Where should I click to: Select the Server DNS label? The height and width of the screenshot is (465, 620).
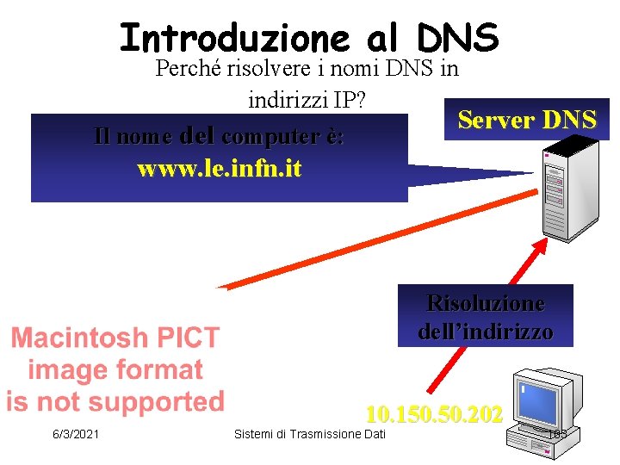(527, 120)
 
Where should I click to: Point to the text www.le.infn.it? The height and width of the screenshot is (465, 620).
(220, 168)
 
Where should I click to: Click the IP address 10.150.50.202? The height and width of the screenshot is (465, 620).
(434, 414)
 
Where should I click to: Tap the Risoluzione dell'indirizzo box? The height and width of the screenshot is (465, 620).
(485, 317)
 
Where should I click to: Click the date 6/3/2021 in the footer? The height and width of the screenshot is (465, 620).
(76, 434)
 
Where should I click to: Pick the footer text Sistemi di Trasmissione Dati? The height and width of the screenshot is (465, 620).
(310, 434)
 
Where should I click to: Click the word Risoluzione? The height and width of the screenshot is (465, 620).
(486, 303)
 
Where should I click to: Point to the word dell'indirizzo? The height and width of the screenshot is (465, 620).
(486, 332)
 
